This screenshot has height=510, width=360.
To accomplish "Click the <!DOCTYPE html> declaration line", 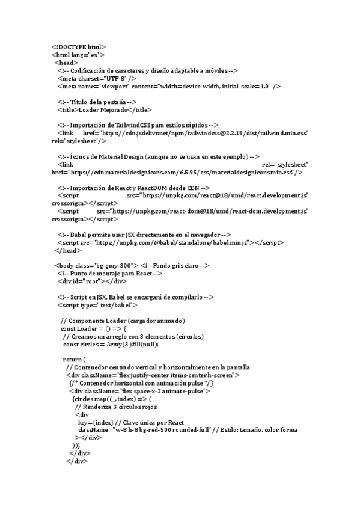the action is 79,46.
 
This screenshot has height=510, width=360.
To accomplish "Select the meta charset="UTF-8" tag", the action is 97,78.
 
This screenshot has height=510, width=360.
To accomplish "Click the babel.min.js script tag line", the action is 171,242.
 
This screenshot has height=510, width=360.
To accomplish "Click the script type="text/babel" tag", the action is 98,305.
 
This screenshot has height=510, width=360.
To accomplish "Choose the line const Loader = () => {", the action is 93,328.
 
